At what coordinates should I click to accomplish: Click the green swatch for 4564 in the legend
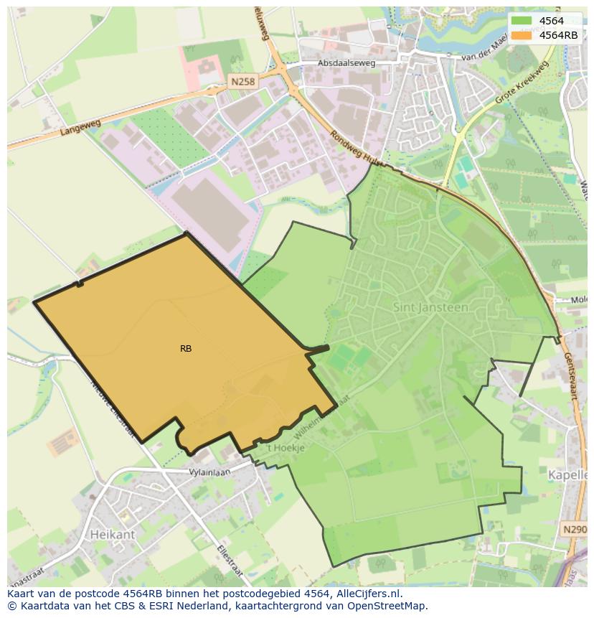pos(522,21)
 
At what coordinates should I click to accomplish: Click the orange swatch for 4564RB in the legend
pos(522,34)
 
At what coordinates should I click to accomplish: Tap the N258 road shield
pos(242,82)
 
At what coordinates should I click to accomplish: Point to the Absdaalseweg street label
pos(347,63)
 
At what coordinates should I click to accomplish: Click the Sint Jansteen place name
pos(430,307)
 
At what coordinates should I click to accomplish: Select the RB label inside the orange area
pos(186,349)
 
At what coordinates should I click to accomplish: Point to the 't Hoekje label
pos(286,448)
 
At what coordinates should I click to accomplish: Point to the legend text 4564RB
pos(558,34)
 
